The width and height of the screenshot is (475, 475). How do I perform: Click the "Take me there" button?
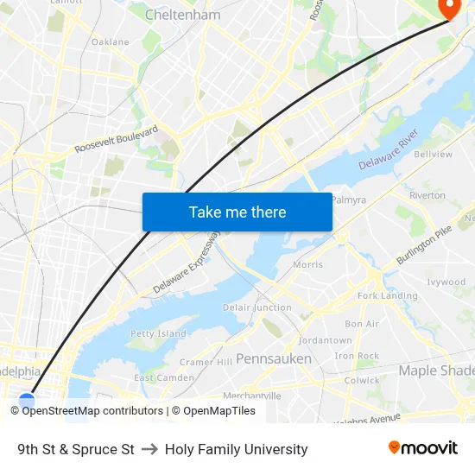pos(237,212)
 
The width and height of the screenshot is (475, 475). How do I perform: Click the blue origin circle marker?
pos(27,402)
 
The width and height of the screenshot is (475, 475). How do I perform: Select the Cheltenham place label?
pos(182,15)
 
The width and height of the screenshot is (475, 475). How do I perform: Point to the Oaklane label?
pos(110,41)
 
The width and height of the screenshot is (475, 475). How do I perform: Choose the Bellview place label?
pos(433,154)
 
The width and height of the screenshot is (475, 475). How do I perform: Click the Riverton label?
pos(427,195)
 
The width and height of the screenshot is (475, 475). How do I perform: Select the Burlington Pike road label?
pos(424,245)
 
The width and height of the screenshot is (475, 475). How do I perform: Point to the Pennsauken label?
pos(274,358)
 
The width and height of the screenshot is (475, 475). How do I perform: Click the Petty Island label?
pos(158,333)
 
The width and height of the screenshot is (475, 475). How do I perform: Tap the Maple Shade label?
pos(436,370)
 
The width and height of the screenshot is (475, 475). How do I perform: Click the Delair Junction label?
pos(256,307)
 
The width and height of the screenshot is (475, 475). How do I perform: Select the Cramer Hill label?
pos(206,362)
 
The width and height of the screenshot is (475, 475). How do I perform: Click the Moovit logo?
pos(423,448)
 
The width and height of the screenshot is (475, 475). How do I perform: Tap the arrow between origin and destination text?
pos(149,449)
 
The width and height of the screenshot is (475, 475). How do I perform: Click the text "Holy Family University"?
pos(236,449)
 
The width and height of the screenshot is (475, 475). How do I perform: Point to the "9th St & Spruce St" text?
pos(76,449)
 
